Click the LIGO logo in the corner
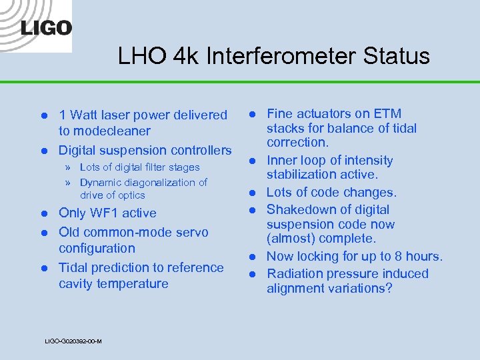pyautogui.click(x=46, y=27)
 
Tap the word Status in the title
pyautogui.click(x=397, y=55)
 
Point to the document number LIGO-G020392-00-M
pyautogui.click(x=73, y=341)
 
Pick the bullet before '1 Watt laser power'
pyautogui.click(x=43, y=115)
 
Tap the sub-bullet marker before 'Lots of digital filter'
pyautogui.click(x=67, y=167)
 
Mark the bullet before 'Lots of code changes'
pyautogui.click(x=253, y=193)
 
